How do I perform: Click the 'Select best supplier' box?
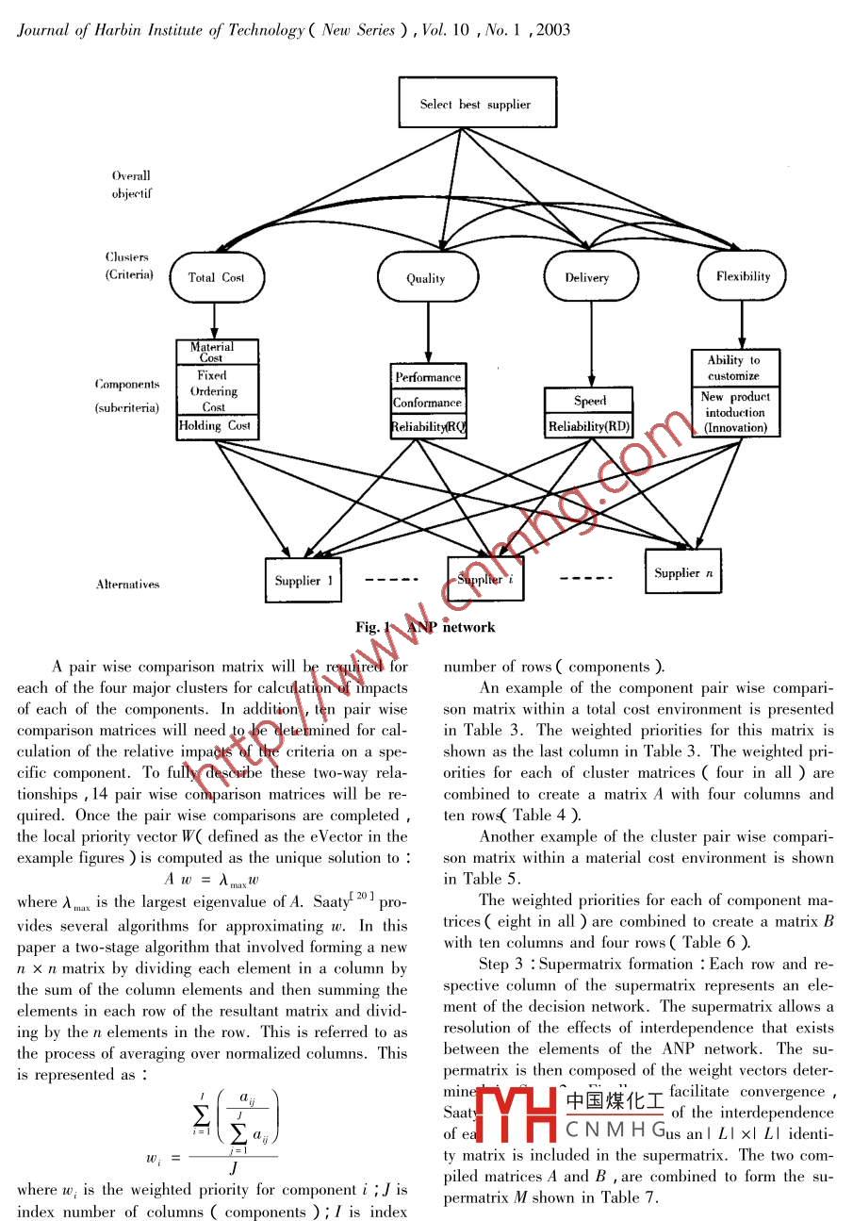(x=476, y=104)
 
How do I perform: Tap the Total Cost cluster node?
(x=216, y=277)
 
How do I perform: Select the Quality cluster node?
(x=426, y=278)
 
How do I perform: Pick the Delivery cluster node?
(x=586, y=277)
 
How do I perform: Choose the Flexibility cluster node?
(x=743, y=276)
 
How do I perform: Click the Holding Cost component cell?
(x=216, y=426)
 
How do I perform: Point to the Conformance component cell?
(x=428, y=403)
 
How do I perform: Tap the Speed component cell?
(x=590, y=401)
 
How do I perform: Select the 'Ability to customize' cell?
(x=733, y=368)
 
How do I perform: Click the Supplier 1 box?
(x=303, y=581)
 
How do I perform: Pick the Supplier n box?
(x=683, y=572)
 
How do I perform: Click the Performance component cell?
(x=428, y=377)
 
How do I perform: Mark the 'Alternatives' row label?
(x=127, y=585)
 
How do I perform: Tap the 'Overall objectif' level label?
(x=131, y=185)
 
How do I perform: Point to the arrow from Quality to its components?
(x=428, y=333)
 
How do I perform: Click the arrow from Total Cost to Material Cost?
(x=216, y=321)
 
